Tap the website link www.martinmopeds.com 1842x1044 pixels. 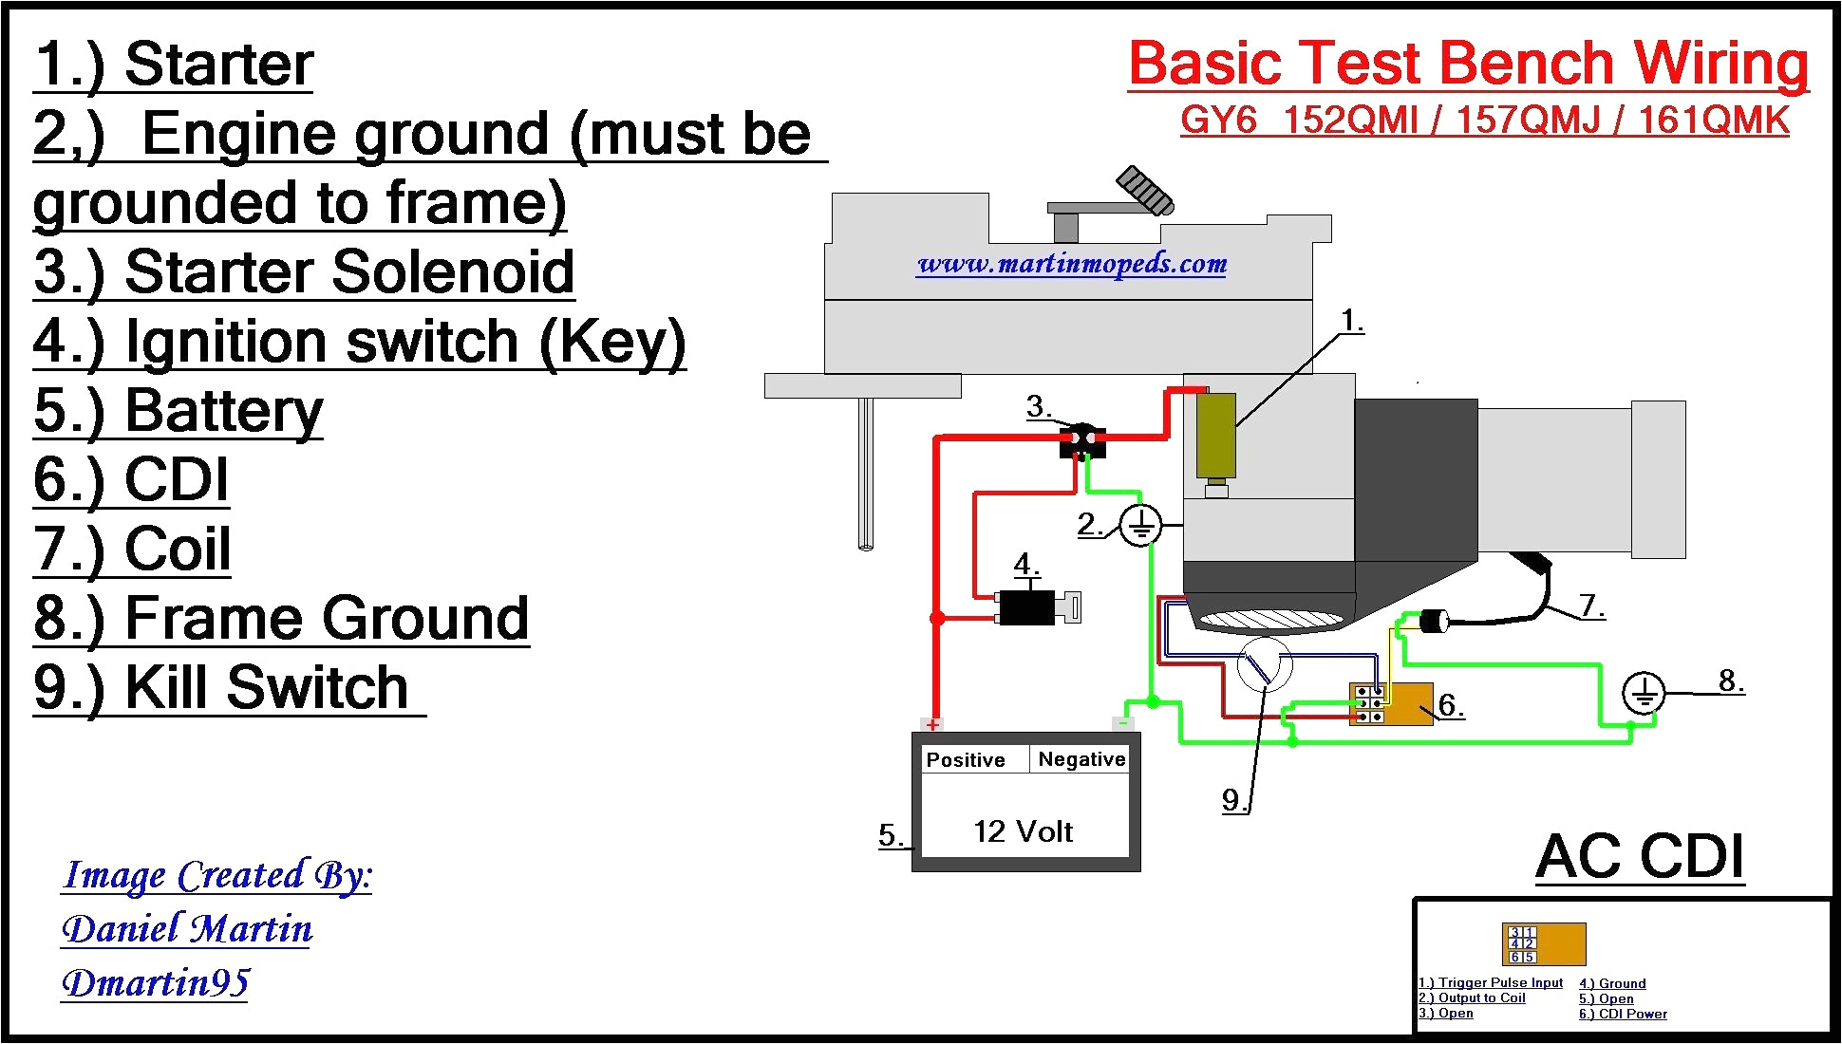1072,264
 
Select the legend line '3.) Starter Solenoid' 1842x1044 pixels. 304,272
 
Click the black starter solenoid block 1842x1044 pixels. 1082,441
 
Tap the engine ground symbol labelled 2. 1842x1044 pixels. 1139,525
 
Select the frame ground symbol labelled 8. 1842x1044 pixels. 1643,693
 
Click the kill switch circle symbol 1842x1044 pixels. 1264,665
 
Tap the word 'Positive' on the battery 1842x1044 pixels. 965,760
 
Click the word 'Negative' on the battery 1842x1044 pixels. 1081,759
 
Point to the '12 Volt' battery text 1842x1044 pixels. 1023,831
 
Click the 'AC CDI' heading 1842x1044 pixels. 1640,857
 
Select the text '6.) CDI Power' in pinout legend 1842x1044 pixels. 1623,1014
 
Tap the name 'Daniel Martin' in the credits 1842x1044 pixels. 187,928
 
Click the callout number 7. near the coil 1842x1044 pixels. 1591,605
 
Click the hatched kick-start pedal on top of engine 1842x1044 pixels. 1145,190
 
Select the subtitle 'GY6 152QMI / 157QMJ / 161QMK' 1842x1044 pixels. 1484,121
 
